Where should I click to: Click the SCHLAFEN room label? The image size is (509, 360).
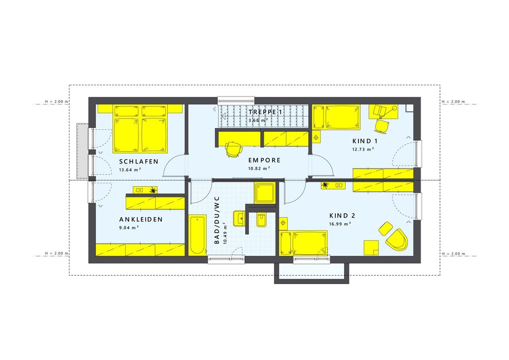139,162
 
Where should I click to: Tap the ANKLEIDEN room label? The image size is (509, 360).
140,220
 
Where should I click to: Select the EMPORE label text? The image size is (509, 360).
264,161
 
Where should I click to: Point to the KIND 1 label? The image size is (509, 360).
365,141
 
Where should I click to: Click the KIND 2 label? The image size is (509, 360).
342,215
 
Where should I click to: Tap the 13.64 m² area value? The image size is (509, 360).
130,170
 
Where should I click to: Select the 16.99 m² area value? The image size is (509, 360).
340,224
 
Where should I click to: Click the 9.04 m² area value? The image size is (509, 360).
129,227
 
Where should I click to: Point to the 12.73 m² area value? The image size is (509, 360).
363,149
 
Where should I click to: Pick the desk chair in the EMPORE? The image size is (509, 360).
233,149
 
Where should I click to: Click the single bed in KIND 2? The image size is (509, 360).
306,243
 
